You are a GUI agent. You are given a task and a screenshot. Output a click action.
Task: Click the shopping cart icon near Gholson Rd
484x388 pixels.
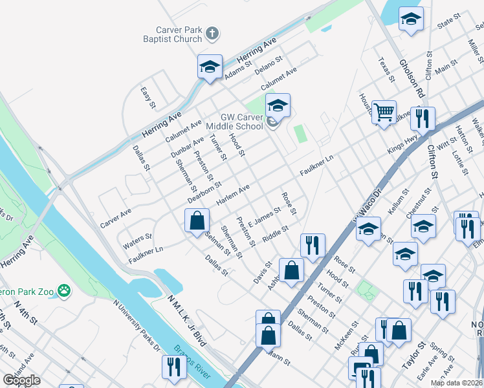tap(384, 113)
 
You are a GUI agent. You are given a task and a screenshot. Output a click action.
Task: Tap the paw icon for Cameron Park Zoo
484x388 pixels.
tap(63, 290)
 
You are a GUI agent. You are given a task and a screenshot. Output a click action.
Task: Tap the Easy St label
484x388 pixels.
tap(149, 97)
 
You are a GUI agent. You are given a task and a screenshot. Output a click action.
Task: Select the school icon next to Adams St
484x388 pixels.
tap(210, 67)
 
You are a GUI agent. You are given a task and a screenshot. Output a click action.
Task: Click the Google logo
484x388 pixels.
tap(21, 380)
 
